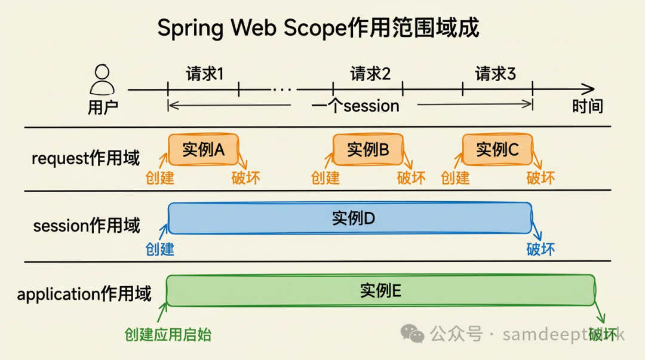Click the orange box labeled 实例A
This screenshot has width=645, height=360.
coord(203,150)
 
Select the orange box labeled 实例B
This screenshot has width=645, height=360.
coord(368,150)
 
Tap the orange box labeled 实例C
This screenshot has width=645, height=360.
coord(497,150)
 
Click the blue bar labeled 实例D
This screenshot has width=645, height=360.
coord(349,219)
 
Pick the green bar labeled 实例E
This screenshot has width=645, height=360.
coord(380,291)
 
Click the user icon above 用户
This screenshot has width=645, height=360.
coord(102,80)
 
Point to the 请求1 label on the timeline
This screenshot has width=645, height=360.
coord(205,74)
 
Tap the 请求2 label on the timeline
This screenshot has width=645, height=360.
coord(370,74)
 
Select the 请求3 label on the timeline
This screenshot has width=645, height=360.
coord(495,74)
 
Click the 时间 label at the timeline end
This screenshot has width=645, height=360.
coord(588,106)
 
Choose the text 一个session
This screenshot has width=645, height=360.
coord(355,106)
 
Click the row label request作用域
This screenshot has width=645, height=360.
coord(85,159)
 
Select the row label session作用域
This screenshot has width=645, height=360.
coord(87,226)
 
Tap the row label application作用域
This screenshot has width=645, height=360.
coord(84,294)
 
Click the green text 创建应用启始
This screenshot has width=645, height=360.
coord(168,334)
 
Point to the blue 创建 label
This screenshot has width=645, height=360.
coord(159,248)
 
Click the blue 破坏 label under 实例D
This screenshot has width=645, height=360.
coord(540,248)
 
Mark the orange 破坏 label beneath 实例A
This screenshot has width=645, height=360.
coord(245,177)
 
